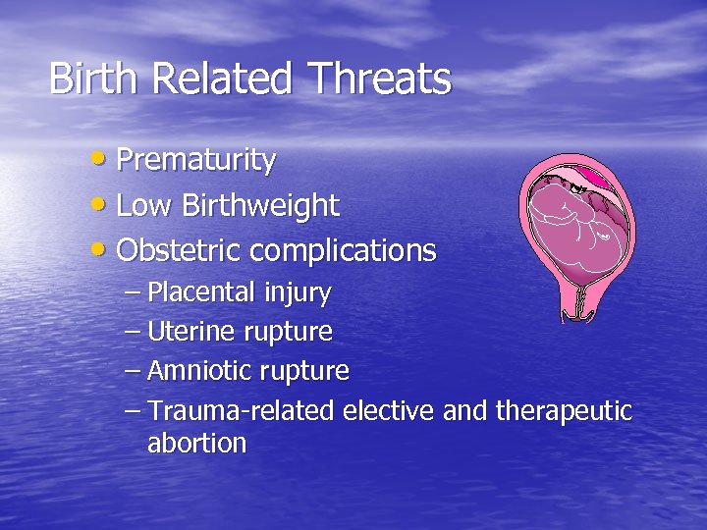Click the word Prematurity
point(195,161)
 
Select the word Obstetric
point(179,251)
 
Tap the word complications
point(343,251)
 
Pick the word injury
point(298,292)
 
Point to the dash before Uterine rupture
point(134,332)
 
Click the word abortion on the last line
point(196,444)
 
